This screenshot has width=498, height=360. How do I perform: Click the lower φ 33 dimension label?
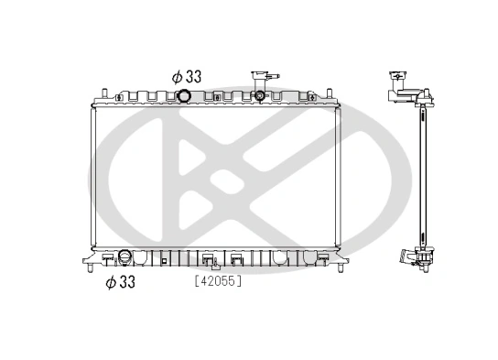[x=120, y=282]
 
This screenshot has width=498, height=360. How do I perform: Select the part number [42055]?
[x=217, y=282]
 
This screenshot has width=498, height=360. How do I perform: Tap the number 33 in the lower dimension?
[x=126, y=282]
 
